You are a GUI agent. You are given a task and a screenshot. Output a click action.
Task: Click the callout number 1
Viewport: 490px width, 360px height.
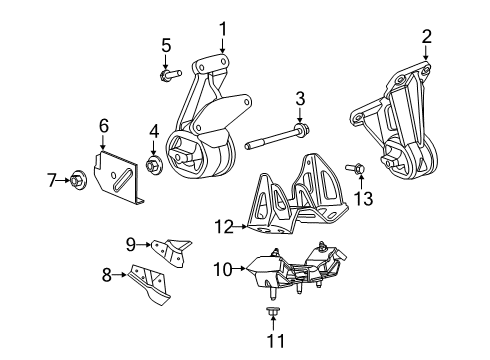(x=223, y=29)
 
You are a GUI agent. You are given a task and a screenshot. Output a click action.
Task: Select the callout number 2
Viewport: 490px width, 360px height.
(x=427, y=37)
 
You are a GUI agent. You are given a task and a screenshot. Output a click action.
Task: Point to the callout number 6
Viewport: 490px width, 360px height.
(x=103, y=125)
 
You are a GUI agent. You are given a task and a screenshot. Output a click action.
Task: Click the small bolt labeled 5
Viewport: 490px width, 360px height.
(x=167, y=73)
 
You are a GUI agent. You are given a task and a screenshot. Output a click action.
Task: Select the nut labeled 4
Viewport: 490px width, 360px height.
(x=154, y=163)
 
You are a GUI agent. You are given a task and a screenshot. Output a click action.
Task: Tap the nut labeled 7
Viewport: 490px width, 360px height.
(x=78, y=180)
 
